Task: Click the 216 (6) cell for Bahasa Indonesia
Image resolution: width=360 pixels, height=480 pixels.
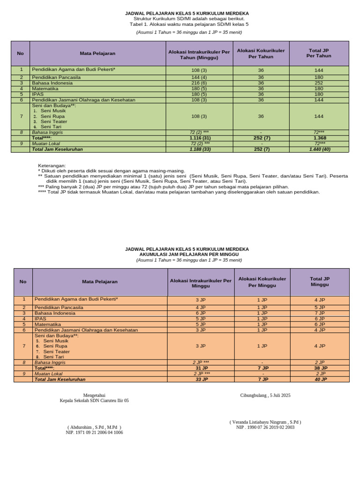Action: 199,83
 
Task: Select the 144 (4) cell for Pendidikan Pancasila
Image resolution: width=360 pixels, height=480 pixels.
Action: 199,77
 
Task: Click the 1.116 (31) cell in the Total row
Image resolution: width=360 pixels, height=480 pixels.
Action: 199,138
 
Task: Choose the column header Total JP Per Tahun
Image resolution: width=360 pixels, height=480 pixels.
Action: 320,53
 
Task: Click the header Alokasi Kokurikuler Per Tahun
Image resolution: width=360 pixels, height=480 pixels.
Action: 261,53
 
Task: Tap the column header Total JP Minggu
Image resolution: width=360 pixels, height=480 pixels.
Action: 320,281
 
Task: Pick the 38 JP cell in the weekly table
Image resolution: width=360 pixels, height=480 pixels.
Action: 320,368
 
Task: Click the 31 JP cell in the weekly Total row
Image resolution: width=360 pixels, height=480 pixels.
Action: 201,368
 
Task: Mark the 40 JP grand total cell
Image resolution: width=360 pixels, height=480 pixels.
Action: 320,379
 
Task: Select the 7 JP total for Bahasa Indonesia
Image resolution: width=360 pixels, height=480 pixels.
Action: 320,313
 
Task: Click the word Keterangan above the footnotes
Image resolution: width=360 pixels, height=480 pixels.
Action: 52,166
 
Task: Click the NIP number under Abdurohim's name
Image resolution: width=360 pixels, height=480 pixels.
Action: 94,433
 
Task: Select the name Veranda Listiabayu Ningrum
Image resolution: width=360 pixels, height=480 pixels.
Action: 265,422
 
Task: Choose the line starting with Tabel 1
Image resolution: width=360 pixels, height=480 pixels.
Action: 189,24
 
